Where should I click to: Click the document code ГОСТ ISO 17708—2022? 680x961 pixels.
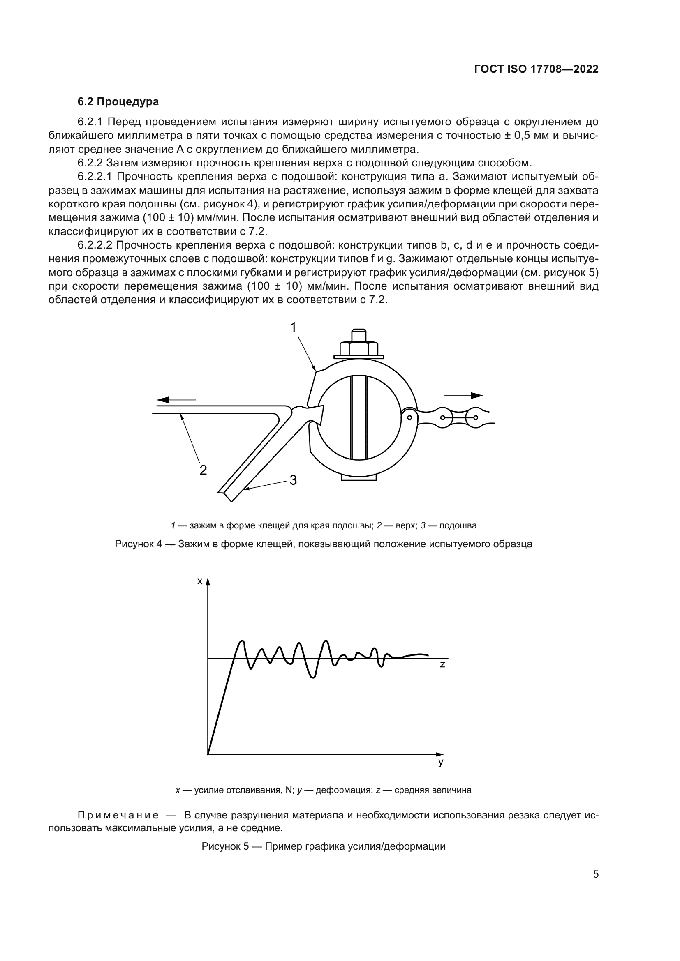click(x=536, y=69)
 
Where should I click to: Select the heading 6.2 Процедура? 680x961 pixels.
click(x=118, y=102)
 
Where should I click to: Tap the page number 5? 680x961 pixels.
click(x=595, y=874)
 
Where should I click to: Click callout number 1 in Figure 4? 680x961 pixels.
click(x=294, y=327)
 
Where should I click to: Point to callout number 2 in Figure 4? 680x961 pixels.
click(x=203, y=470)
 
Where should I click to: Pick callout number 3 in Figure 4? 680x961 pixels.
click(x=293, y=480)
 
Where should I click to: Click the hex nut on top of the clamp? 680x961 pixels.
click(x=359, y=348)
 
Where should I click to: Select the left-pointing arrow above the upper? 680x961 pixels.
click(x=176, y=400)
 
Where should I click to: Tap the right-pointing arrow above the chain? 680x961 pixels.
click(x=464, y=395)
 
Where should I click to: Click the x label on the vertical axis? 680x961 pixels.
click(x=200, y=581)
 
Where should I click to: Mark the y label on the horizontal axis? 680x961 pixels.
click(x=441, y=762)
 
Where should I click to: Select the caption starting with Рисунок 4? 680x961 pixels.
click(x=323, y=544)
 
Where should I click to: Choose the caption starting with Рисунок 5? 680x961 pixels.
click(x=323, y=846)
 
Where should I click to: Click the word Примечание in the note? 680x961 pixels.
click(x=118, y=815)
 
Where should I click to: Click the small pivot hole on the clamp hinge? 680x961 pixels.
click(x=409, y=417)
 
